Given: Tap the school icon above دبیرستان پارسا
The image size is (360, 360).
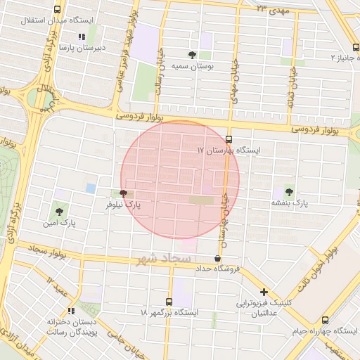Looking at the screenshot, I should pyautogui.click(x=82, y=37).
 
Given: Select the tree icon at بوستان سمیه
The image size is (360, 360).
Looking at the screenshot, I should pyautogui.click(x=192, y=54).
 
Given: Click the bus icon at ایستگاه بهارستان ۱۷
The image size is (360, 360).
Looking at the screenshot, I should pyautogui.click(x=229, y=139).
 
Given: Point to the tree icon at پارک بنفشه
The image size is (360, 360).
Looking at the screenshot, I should pyautogui.click(x=290, y=191).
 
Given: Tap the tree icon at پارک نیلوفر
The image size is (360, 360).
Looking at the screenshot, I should pyautogui.click(x=124, y=193).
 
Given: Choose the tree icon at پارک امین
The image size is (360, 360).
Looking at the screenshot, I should pyautogui.click(x=58, y=211).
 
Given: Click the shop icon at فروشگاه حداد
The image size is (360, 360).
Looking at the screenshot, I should pyautogui.click(x=217, y=258).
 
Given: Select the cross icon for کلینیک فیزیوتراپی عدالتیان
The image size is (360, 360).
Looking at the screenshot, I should pyautogui.click(x=264, y=292).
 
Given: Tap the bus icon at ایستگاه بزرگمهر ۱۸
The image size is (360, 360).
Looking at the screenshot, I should pyautogui.click(x=168, y=301).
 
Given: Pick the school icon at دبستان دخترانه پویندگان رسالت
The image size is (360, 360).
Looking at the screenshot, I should pyautogui.click(x=70, y=310).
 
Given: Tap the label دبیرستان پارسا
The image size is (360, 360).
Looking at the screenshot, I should pyautogui.click(x=82, y=48).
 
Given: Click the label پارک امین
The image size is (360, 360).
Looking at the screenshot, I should pyautogui.click(x=59, y=223).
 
